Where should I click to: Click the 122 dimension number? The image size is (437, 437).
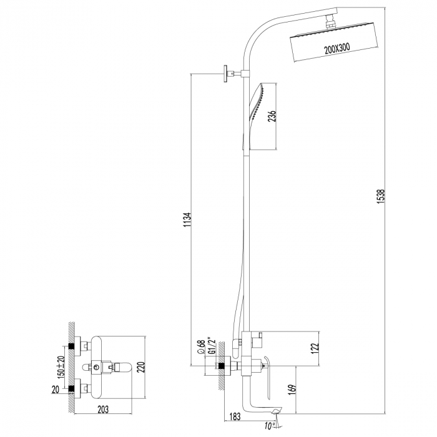tap(316, 347)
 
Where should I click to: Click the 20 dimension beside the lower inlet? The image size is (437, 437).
tap(57, 390)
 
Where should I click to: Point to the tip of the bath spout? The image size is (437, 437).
tap(277, 410)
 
